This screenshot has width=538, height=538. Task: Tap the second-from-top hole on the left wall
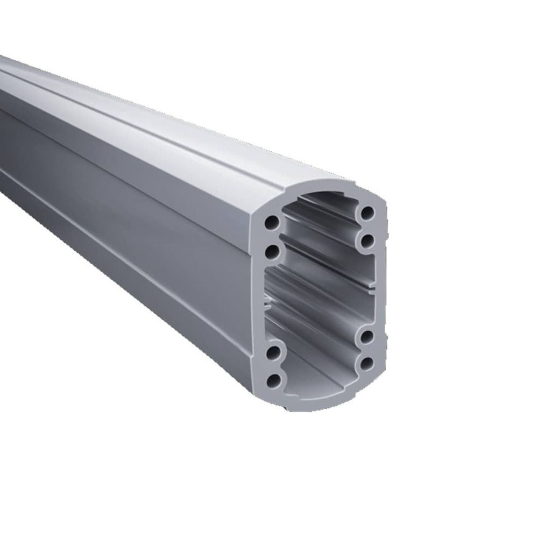coord(273,250)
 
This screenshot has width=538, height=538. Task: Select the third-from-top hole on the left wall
coord(273,353)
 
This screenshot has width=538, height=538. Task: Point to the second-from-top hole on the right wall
coord(367,240)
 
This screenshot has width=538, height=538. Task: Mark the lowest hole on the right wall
coord(367,364)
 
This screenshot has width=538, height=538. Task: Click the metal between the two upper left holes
coord(273,236)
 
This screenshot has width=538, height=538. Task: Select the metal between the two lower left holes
coord(273,367)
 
